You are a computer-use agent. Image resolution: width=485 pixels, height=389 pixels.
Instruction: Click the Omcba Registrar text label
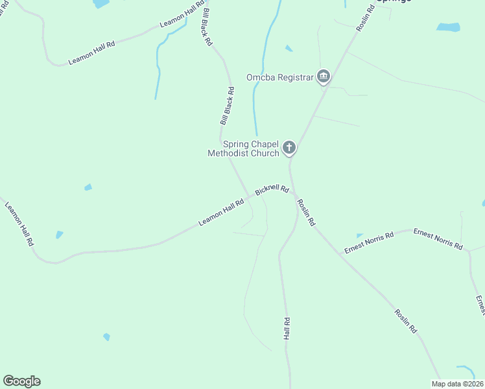(x=280, y=78)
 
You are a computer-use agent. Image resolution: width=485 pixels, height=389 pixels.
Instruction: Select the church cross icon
(x=289, y=148)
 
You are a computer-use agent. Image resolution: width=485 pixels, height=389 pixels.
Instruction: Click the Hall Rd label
(x=287, y=329)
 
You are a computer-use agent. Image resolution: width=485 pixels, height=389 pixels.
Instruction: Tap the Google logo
(x=21, y=381)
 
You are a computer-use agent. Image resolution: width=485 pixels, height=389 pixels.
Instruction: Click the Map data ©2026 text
(x=457, y=384)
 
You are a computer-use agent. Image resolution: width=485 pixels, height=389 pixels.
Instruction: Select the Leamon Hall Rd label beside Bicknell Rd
(x=221, y=212)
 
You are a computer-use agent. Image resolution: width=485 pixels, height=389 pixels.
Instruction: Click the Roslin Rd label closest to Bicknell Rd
(x=306, y=212)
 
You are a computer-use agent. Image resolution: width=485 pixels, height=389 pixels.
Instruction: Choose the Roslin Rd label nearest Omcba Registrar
(x=366, y=19)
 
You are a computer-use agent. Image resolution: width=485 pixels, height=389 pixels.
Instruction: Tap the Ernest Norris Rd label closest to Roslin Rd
(x=369, y=243)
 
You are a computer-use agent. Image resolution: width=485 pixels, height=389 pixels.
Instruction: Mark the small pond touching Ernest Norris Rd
(x=359, y=235)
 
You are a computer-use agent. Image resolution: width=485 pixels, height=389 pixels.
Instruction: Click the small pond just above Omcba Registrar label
(x=289, y=48)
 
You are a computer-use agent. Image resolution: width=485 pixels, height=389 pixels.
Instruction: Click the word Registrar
(x=292, y=78)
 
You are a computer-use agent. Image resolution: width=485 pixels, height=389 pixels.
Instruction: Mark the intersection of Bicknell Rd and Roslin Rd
(x=294, y=193)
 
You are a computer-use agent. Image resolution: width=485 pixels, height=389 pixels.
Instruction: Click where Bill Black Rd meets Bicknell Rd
(x=250, y=195)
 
